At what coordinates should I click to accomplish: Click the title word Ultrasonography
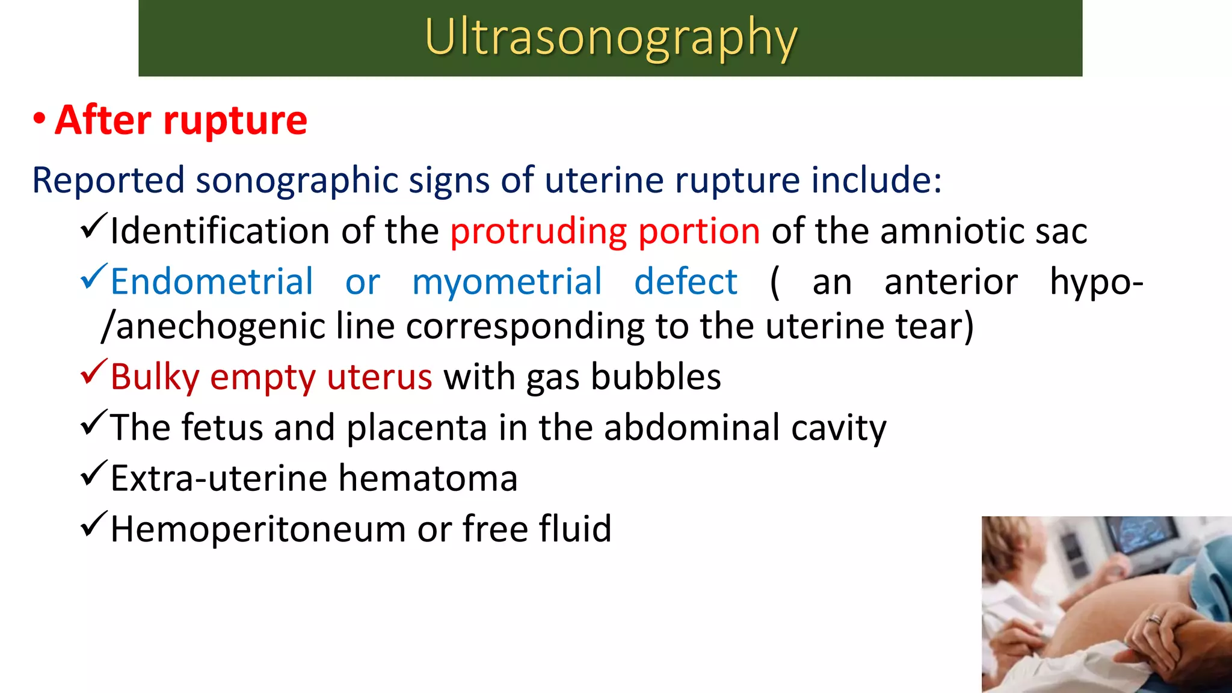[x=610, y=37]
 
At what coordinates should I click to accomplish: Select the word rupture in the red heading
[x=235, y=120]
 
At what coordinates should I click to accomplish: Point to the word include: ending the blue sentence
[x=876, y=180]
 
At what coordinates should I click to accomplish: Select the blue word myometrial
[x=507, y=282]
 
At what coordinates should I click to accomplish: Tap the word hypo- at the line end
[x=1096, y=282]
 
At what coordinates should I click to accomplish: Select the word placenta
[x=416, y=428]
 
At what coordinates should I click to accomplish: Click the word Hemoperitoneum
[x=258, y=529]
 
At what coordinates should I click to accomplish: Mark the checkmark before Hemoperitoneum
[x=93, y=524]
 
